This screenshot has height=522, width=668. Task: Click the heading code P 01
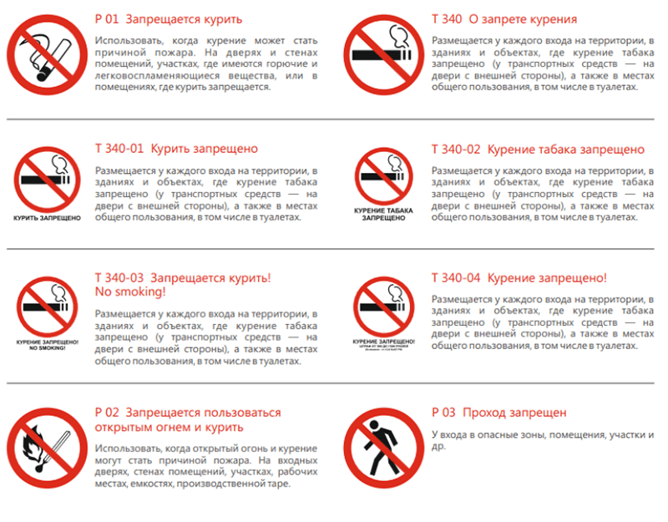coord(109,18)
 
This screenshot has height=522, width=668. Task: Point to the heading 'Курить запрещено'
coord(204,150)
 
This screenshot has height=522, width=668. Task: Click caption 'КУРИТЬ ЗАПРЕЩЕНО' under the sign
coord(47,218)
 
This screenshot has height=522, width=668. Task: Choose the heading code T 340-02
coord(456,150)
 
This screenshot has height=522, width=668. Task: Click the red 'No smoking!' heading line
coord(131,292)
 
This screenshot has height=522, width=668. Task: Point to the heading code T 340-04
coord(456,277)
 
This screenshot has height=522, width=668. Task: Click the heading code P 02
coord(109,413)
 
